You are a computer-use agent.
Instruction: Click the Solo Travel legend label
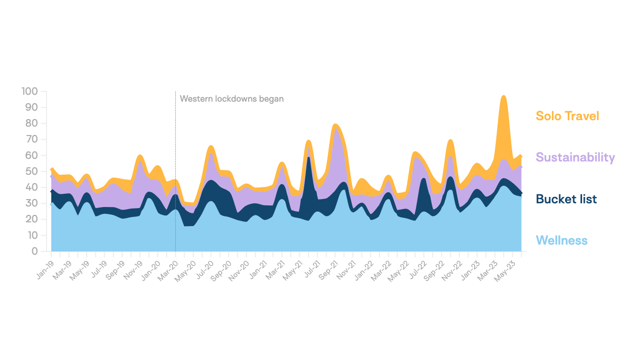pyautogui.click(x=567, y=116)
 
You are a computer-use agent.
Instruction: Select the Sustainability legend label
pyautogui.click(x=575, y=157)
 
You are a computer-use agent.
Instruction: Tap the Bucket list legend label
pyautogui.click(x=566, y=199)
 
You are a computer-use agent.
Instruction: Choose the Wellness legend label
pyautogui.click(x=561, y=241)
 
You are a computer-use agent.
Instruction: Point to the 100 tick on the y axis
pyautogui.click(x=30, y=92)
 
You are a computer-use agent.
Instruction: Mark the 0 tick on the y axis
pyautogui.click(x=34, y=251)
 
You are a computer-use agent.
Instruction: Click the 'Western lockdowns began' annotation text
pyautogui.click(x=232, y=98)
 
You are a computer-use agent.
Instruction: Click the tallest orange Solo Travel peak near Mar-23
pyautogui.click(x=503, y=106)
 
